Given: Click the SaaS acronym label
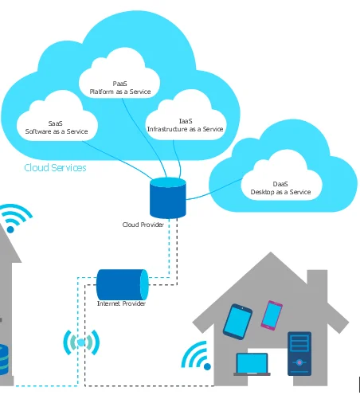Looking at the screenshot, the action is (x=55, y=123).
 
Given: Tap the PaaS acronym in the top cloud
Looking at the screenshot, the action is (x=120, y=84).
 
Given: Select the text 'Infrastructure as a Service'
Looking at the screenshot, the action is (x=186, y=129).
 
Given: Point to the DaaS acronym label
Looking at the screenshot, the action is (x=280, y=184).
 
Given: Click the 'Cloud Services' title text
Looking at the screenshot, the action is (x=55, y=168).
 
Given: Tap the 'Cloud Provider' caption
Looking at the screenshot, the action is (x=143, y=225).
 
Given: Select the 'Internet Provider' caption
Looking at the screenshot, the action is (x=121, y=303).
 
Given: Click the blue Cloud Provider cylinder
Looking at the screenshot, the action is (x=168, y=198).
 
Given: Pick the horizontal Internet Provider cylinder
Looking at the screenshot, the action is (x=123, y=284).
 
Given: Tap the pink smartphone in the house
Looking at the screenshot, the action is (x=272, y=315).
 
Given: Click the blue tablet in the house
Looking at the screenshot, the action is (x=237, y=322).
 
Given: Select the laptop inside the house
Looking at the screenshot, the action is (x=252, y=365).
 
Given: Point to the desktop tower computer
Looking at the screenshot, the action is (x=299, y=354).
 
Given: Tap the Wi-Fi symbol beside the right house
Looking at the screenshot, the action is (x=197, y=356).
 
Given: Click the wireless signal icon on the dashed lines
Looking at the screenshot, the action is (x=81, y=342).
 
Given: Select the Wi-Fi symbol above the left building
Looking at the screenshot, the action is (x=15, y=218).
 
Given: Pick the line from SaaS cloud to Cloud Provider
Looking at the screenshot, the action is (x=119, y=158).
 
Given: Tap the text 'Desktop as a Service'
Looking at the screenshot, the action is (x=280, y=192).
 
